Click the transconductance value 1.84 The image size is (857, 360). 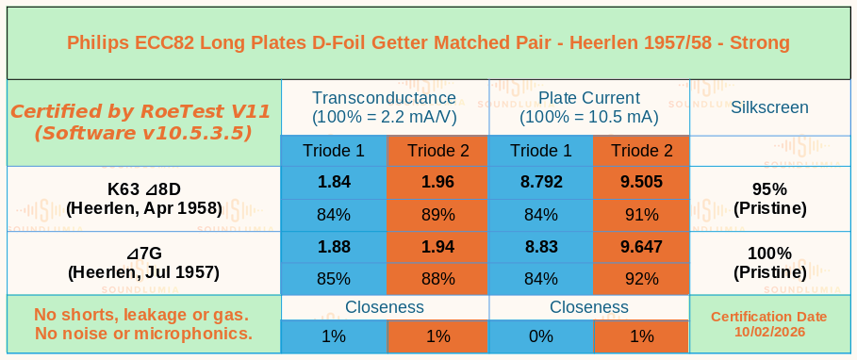pos(334,183)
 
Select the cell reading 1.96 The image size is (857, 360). pos(437,183)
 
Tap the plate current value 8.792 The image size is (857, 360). pos(540,183)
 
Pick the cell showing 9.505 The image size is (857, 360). pos(642,183)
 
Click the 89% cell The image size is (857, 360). pos(437,215)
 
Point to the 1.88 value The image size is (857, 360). pos(334,247)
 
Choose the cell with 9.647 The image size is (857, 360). pos(642,247)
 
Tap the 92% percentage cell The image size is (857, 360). pos(642,279)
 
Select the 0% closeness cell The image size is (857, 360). pos(540,335)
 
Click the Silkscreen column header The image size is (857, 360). pos(769,107)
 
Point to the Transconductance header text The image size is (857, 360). pos(384,98)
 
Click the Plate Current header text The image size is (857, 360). pos(589,98)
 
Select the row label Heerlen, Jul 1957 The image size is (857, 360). pos(143,272)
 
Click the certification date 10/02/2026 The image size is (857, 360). pos(769,332)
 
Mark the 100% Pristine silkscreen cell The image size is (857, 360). pos(769,263)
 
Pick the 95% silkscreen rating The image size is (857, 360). pos(769,189)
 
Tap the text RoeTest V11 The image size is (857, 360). pos(205,111)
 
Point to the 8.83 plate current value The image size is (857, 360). pos(540,247)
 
